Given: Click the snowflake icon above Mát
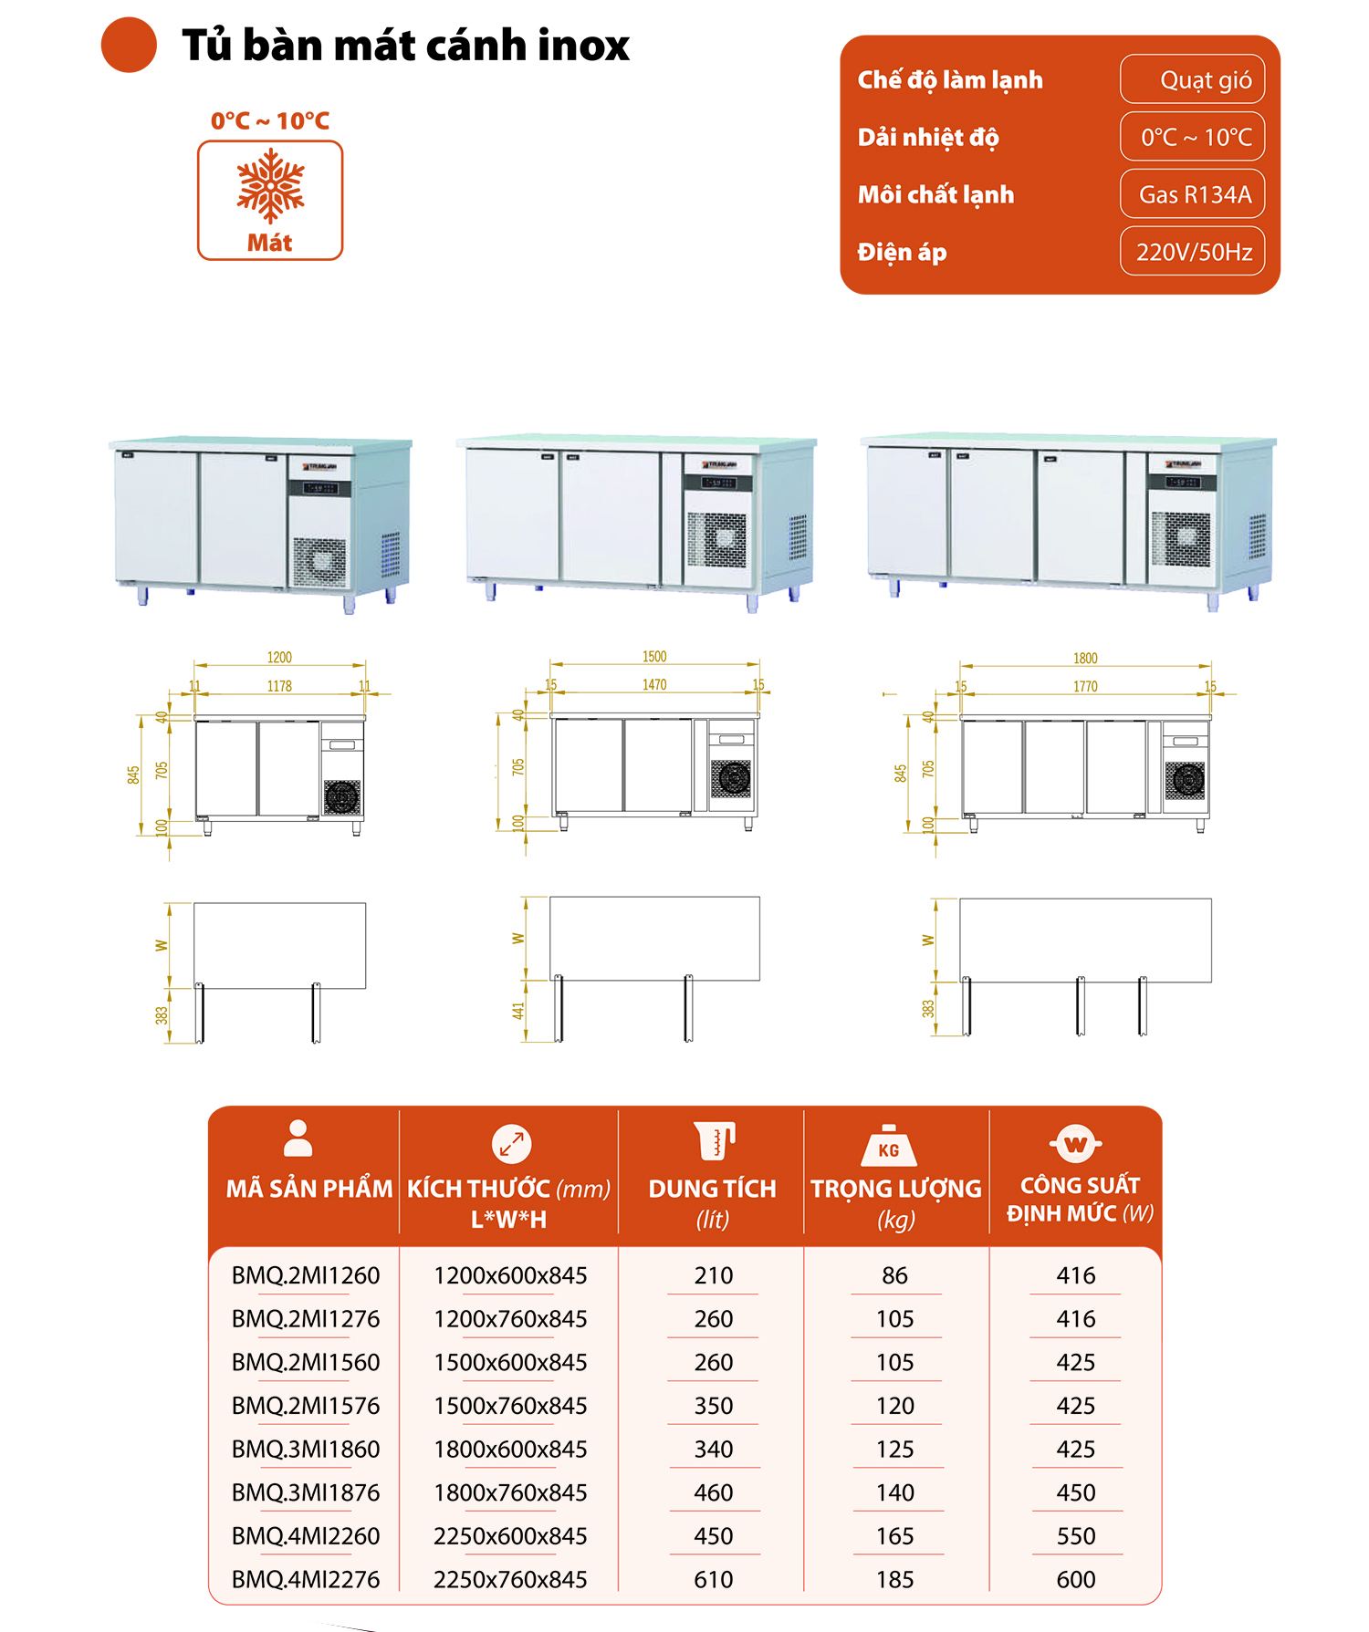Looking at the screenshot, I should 270,186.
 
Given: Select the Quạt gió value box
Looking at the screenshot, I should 1192,79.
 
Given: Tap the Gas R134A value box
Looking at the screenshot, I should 1192,194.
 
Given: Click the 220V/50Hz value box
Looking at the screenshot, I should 1192,252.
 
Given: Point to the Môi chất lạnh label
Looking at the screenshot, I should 935,194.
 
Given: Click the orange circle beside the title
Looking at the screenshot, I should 129,45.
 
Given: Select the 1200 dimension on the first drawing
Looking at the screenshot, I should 279,657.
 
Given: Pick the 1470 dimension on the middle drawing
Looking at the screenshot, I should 654,684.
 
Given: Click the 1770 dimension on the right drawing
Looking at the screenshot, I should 1085,686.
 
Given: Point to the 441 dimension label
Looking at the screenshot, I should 518,1011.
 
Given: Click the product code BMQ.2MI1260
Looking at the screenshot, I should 306,1275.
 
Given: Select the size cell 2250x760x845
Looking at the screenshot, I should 510,1579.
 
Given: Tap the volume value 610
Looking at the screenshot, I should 713,1579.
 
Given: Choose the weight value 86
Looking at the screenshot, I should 894,1275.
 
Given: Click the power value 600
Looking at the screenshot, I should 1076,1579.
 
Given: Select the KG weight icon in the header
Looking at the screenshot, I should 888,1146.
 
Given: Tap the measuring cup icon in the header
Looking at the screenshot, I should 714,1141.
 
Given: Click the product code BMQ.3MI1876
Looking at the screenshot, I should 306,1492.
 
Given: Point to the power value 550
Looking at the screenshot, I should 1076,1536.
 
